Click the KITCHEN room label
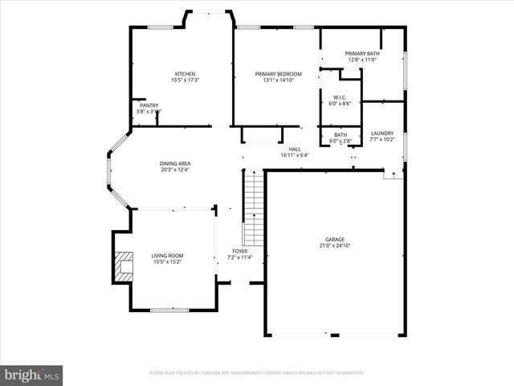click(x=186, y=73)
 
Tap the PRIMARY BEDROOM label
click(x=275, y=73)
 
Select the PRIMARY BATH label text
click(x=361, y=53)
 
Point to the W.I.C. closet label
click(x=340, y=97)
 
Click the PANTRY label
click(x=149, y=105)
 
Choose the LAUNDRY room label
click(x=381, y=133)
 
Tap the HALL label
click(x=295, y=149)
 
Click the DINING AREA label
click(x=175, y=163)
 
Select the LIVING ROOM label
click(x=167, y=256)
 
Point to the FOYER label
click(x=240, y=252)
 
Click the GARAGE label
click(x=335, y=240)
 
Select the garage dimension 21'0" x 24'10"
click(x=335, y=246)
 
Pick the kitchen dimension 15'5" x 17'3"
click(x=186, y=80)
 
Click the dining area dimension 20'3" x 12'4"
click(x=175, y=170)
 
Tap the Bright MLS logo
click(x=31, y=375)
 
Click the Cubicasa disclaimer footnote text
click(x=257, y=373)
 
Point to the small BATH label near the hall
click(x=341, y=135)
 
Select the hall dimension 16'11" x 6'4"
click(x=295, y=155)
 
